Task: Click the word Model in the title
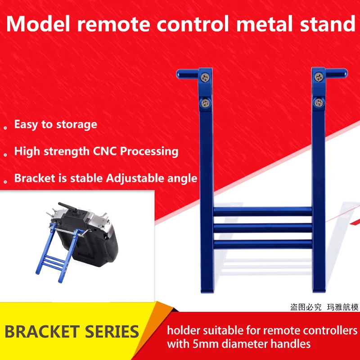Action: pyautogui.click(x=38, y=24)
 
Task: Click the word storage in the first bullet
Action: pyautogui.click(x=76, y=125)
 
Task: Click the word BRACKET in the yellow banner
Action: pyautogui.click(x=42, y=332)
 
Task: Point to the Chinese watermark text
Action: pyautogui.click(x=324, y=307)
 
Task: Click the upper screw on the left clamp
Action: pyautogui.click(x=205, y=77)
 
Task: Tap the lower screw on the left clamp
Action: pyautogui.click(x=206, y=103)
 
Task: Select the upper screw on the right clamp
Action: pyautogui.click(x=319, y=77)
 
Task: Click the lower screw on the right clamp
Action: pyautogui.click(x=319, y=103)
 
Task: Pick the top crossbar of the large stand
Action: pyautogui.click(x=263, y=211)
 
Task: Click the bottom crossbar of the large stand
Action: pyautogui.click(x=263, y=244)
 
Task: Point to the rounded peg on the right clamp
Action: pyautogui.click(x=336, y=73)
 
